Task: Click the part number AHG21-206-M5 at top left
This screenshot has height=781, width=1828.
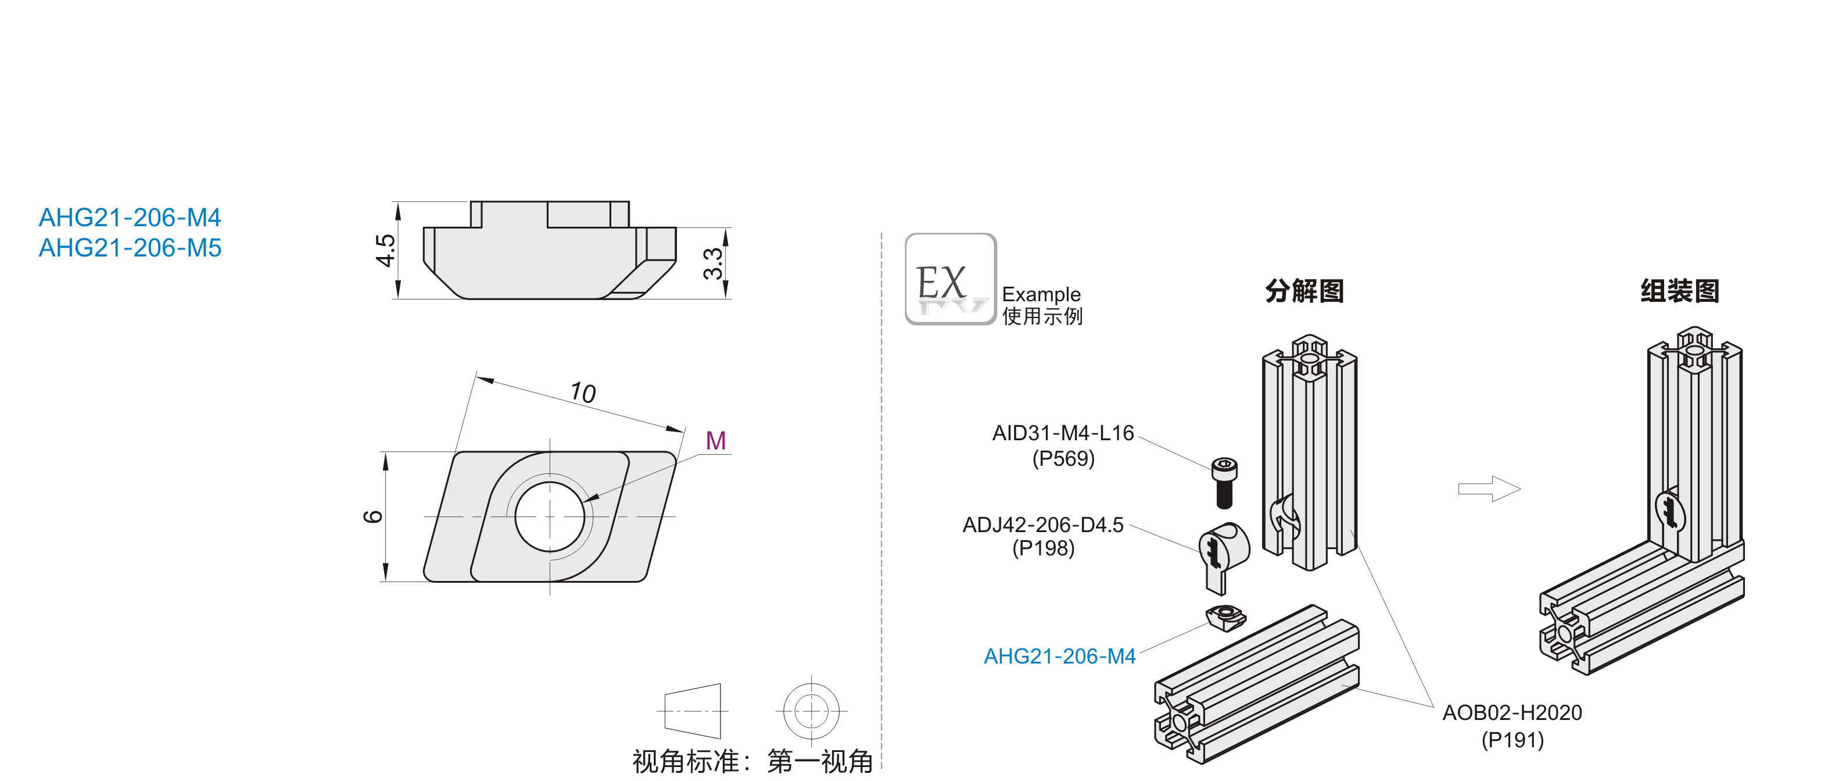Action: pos(130,248)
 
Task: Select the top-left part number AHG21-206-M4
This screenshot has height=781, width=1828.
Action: pos(130,217)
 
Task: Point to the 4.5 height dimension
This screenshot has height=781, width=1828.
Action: pos(385,250)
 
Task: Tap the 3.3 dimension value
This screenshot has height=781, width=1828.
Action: pos(712,263)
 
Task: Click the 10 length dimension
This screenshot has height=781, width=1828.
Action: pos(583,393)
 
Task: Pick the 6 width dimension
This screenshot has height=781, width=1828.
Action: pos(373,516)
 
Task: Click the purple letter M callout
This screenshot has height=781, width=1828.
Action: pos(715,441)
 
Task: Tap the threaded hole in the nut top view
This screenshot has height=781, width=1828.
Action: pos(549,516)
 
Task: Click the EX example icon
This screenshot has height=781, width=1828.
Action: pos(950,279)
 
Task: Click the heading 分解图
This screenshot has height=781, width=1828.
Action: pos(1304,291)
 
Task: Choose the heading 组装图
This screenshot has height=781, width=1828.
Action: pos(1679,291)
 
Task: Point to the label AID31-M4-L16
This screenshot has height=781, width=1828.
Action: pos(1062,433)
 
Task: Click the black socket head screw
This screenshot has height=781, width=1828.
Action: pos(1224,483)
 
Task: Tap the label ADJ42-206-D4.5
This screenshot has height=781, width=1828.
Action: pos(1042,525)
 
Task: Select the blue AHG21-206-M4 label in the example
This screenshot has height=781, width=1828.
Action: pos(1059,656)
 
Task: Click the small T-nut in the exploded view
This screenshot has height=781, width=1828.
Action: pos(1225,616)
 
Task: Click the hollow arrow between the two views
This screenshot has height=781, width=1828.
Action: pos(1489,488)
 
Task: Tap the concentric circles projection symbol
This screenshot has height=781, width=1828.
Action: pos(811,710)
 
